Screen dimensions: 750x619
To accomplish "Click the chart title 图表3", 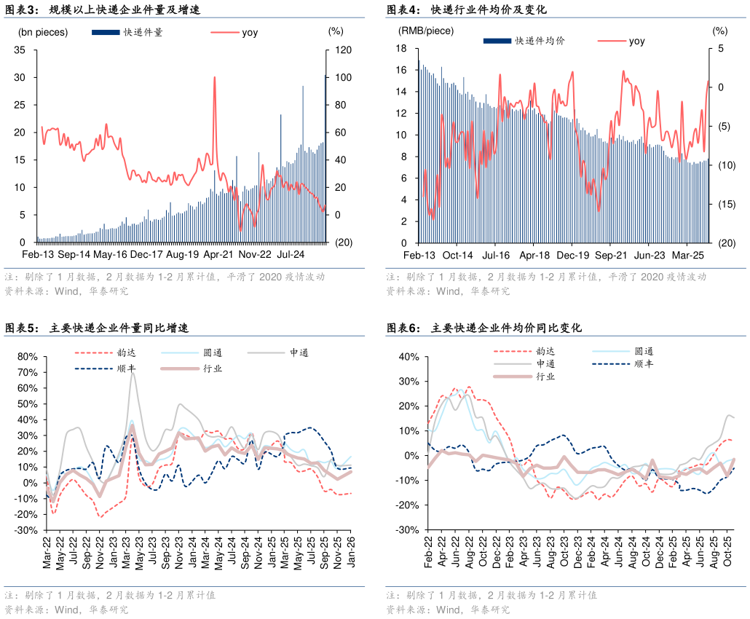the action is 22,9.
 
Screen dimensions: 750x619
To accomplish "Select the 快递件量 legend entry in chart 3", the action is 127,32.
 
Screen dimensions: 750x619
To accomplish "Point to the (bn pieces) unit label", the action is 43,32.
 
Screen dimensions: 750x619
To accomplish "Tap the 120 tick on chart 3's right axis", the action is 343,50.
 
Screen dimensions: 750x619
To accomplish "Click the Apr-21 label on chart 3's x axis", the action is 218,254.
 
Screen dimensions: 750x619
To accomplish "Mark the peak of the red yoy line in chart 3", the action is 214,77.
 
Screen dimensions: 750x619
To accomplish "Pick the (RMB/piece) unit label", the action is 426,31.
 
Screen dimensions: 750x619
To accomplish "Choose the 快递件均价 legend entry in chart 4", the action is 524,41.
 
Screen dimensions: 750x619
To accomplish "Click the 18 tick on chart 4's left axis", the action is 400,48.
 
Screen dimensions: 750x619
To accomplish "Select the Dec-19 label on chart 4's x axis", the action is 572,256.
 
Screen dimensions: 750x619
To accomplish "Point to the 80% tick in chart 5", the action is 27,356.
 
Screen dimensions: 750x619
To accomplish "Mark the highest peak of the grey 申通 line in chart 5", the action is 133,373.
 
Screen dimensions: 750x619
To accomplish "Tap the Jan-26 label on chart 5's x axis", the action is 351,552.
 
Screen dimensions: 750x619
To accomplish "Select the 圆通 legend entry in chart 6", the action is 623,351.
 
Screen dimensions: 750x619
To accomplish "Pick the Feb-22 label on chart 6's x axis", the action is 428,552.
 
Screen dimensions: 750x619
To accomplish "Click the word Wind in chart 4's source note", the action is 449,291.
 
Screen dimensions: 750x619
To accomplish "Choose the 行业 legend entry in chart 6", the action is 524,376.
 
